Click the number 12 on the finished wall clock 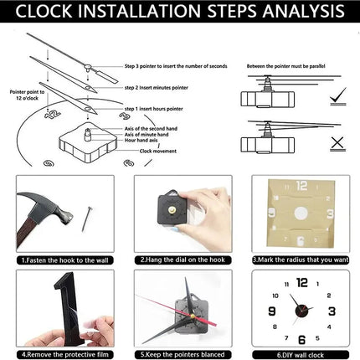pyautogui.click(x=301, y=282)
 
